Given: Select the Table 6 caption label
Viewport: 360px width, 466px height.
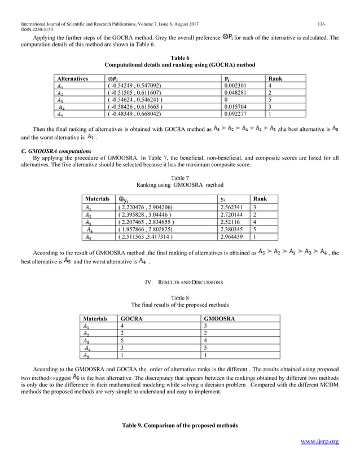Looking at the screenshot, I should (x=179, y=58).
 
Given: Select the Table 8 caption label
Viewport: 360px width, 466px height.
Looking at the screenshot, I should (x=179, y=297).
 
